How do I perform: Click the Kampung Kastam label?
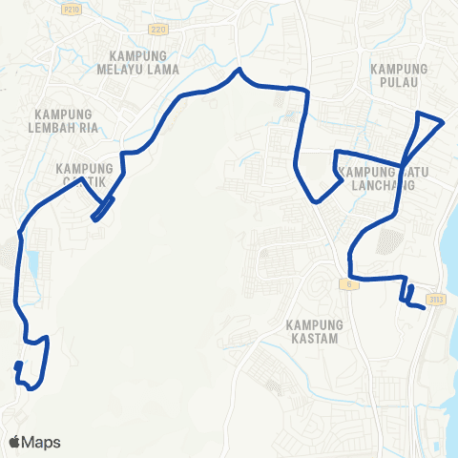pyautogui.click(x=313, y=331)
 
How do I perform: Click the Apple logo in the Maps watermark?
pyautogui.click(x=14, y=442)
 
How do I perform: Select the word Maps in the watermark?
pyautogui.click(x=41, y=442)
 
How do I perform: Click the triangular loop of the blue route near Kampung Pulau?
pyautogui.click(x=427, y=125)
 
